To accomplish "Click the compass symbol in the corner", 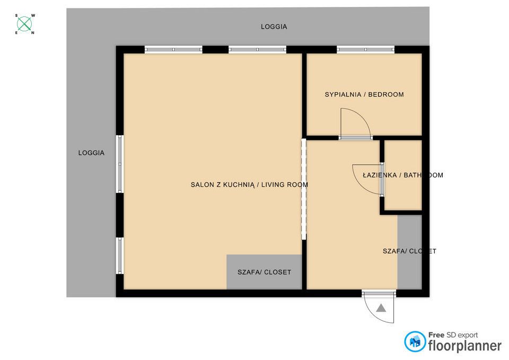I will point(24,24).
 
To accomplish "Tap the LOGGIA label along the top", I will point(274,27).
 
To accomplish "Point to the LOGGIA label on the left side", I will point(91,153).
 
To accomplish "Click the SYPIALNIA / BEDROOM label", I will point(364,95).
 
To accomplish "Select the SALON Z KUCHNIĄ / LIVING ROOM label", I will point(249,185).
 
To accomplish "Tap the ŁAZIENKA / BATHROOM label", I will point(403,175).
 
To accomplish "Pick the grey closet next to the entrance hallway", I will point(409,251).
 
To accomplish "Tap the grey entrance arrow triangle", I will point(381,308).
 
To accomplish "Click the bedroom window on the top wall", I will point(366,50).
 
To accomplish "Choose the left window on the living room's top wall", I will point(173,50).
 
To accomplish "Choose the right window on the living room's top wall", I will point(258,50).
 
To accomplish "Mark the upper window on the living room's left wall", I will point(120,164).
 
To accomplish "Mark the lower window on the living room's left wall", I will point(120,256).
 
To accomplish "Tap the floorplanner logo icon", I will point(415,342).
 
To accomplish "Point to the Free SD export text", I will point(453,335).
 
